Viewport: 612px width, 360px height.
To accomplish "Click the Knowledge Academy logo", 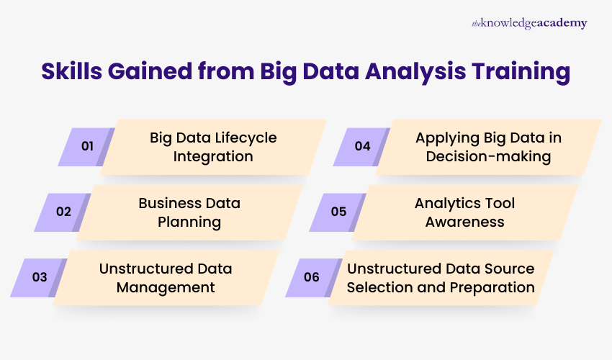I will (529, 23).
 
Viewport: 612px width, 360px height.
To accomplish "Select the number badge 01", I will (87, 146).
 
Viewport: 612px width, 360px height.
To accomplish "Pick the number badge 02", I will (63, 212).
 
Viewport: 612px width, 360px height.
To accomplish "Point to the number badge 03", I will (40, 277).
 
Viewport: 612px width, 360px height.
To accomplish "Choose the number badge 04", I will (362, 146).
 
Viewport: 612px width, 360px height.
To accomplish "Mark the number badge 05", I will (338, 212).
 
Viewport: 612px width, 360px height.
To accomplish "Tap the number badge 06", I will (311, 277).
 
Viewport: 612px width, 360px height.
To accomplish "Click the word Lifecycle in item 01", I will (241, 138).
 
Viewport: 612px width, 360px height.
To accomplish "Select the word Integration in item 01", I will (212, 156).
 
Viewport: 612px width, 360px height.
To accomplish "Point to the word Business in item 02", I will (169, 203).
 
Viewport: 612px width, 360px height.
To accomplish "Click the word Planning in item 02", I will (189, 222).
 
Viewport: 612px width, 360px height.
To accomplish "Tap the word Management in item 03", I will (167, 287).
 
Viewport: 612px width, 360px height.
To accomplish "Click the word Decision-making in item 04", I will (488, 156).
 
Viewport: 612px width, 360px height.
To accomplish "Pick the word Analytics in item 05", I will (446, 203).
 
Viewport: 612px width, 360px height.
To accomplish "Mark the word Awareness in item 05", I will (464, 222).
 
